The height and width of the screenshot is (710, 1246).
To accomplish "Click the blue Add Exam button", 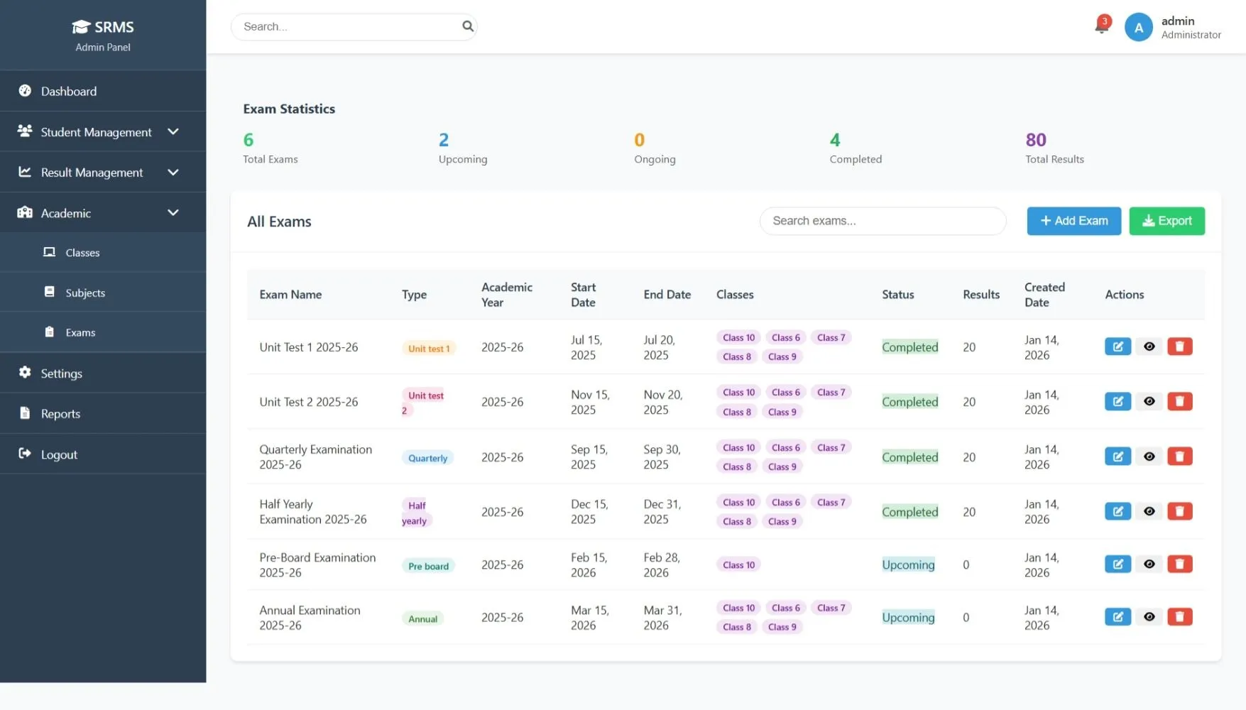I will tap(1073, 221).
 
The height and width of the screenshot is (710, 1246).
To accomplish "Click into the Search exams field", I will tap(882, 221).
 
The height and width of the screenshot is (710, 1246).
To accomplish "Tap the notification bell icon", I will tap(1101, 27).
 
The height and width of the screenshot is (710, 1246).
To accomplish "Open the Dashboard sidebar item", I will tap(69, 91).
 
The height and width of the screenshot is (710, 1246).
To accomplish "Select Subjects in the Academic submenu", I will tap(85, 293).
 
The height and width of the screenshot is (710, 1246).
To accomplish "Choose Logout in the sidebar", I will tap(59, 454).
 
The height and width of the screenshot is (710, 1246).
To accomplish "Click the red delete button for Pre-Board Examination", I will tap(1179, 564).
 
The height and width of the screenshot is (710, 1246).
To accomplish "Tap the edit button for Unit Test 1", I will tap(1117, 346).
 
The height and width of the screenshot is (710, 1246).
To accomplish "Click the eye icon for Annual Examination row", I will tap(1148, 617).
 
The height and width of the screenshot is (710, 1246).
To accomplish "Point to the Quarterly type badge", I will tap(427, 458).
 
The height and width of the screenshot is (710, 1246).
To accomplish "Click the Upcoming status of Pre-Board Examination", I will tap(907, 565).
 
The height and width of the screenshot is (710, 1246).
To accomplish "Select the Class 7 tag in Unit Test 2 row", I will tap(830, 393).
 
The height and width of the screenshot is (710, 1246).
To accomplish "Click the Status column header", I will tap(897, 295).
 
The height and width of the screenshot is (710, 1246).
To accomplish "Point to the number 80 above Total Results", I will tap(1035, 140).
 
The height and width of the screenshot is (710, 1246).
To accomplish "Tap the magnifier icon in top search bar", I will tap(467, 26).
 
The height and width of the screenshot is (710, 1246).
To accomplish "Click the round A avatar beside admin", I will tap(1137, 28).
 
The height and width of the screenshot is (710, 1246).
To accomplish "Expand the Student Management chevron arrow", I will tap(173, 132).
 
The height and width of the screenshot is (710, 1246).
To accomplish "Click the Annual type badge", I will tap(422, 619).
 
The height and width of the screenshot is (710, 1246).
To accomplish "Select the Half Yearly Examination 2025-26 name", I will tap(312, 512).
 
